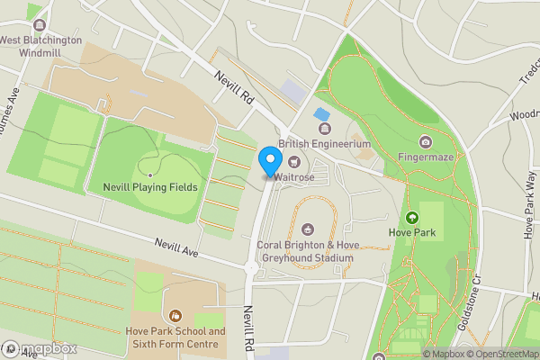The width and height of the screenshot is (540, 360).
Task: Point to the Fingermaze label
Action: pyautogui.click(x=425, y=156)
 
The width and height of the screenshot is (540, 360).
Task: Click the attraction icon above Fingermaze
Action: pyautogui.click(x=425, y=140)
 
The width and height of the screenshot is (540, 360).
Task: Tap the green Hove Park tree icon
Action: pyautogui.click(x=412, y=217)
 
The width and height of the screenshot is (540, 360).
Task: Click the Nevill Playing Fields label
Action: pyautogui.click(x=143, y=187)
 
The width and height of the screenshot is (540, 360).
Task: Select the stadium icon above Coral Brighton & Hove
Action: pyautogui.click(x=308, y=229)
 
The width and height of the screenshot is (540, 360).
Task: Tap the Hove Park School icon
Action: pyautogui.click(x=174, y=316)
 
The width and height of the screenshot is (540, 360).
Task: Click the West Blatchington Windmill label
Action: pyautogui.click(x=40, y=45)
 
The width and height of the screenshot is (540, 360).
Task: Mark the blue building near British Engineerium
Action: pyautogui.click(x=321, y=114)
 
